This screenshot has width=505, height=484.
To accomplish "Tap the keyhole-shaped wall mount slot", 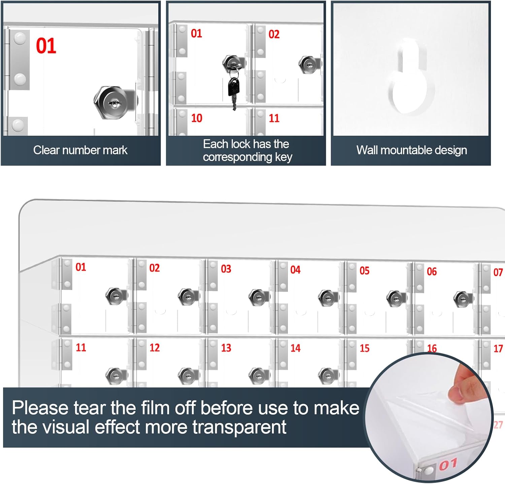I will pos(411,81).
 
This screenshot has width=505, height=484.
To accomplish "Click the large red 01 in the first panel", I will pos(46,46).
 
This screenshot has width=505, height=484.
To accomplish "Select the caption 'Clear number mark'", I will pos(80,150).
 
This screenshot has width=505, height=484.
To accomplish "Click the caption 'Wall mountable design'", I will pos(411,150).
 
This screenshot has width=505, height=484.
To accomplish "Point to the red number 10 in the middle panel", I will pos(197,118).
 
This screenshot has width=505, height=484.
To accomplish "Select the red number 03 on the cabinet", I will pos(226,269).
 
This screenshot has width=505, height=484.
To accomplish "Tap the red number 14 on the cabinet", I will pos(295,348).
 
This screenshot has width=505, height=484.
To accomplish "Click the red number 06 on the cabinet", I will pos(432,271).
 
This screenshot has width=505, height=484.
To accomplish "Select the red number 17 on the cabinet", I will pos(498,349).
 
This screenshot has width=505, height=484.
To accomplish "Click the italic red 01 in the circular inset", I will pos(448,465).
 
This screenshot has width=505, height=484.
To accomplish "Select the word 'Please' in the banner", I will pos(40,408).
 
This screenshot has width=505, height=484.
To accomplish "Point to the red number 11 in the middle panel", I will pos(274,118).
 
